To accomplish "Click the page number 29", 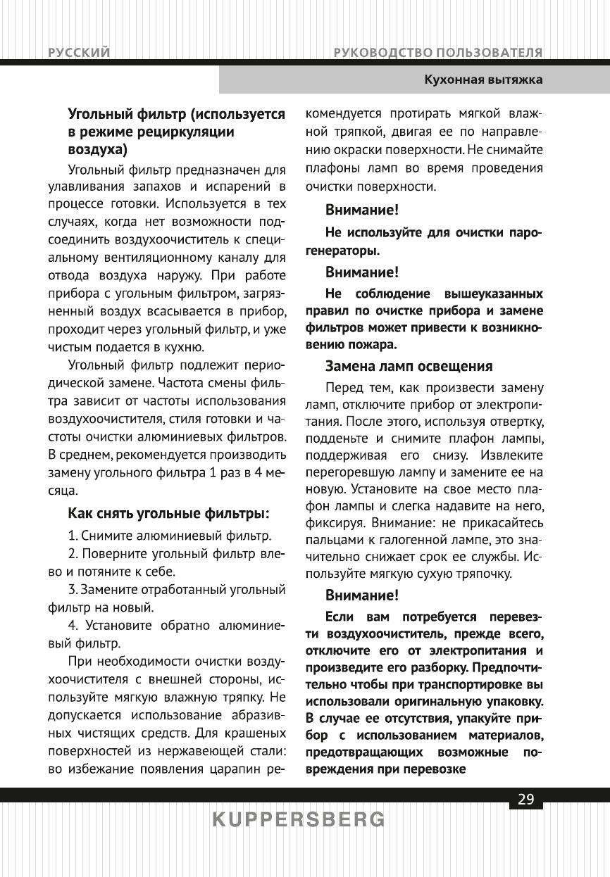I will [x=525, y=799].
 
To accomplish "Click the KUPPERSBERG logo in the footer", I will [x=299, y=820].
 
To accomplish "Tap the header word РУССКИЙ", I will [x=78, y=53].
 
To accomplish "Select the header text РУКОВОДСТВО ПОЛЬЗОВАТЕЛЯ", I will [x=438, y=53].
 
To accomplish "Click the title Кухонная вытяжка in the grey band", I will [x=483, y=80].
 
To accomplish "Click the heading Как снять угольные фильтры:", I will [x=169, y=511].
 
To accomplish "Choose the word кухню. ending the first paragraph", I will [x=181, y=347].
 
